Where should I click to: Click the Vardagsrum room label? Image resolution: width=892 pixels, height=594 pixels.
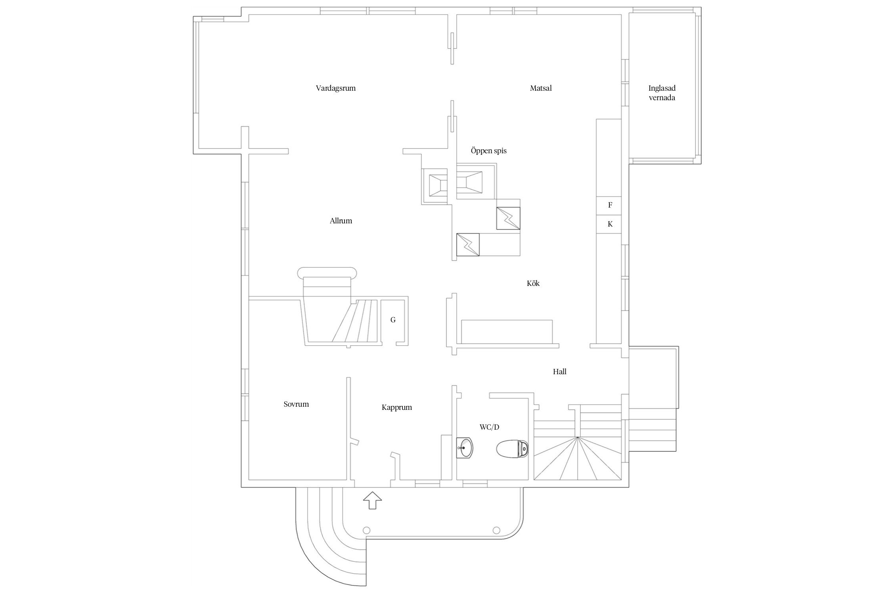[x=335, y=88]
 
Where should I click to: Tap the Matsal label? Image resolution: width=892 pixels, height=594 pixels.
[x=541, y=88]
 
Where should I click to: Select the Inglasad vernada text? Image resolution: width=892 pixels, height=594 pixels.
[x=662, y=93]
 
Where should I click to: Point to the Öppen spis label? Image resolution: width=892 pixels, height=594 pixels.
[x=488, y=151]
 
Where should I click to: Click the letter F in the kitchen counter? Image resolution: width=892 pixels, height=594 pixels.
[x=610, y=205]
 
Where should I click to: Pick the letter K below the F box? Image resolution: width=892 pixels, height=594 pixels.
[x=610, y=224]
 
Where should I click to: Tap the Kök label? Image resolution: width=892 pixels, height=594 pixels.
[x=533, y=284]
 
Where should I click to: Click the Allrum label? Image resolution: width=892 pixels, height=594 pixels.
[x=341, y=221]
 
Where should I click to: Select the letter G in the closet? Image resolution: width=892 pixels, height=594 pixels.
[x=393, y=320]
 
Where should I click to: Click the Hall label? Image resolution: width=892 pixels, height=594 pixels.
[x=559, y=372]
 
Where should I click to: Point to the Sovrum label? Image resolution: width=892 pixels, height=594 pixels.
[x=296, y=404]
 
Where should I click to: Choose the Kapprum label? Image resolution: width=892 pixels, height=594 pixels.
[x=397, y=407]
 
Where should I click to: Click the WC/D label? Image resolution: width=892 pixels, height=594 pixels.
[x=489, y=427]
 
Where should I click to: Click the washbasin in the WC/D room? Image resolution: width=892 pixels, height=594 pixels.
[x=464, y=448]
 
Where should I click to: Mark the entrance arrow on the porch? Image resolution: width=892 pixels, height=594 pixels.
[x=372, y=501]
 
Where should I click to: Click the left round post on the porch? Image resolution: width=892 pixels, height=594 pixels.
[x=366, y=530]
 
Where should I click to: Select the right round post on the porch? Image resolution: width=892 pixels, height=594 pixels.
[x=496, y=530]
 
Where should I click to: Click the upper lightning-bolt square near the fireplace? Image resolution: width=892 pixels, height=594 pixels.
[x=508, y=218]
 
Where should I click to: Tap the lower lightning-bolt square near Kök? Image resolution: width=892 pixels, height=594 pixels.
[x=468, y=245]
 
